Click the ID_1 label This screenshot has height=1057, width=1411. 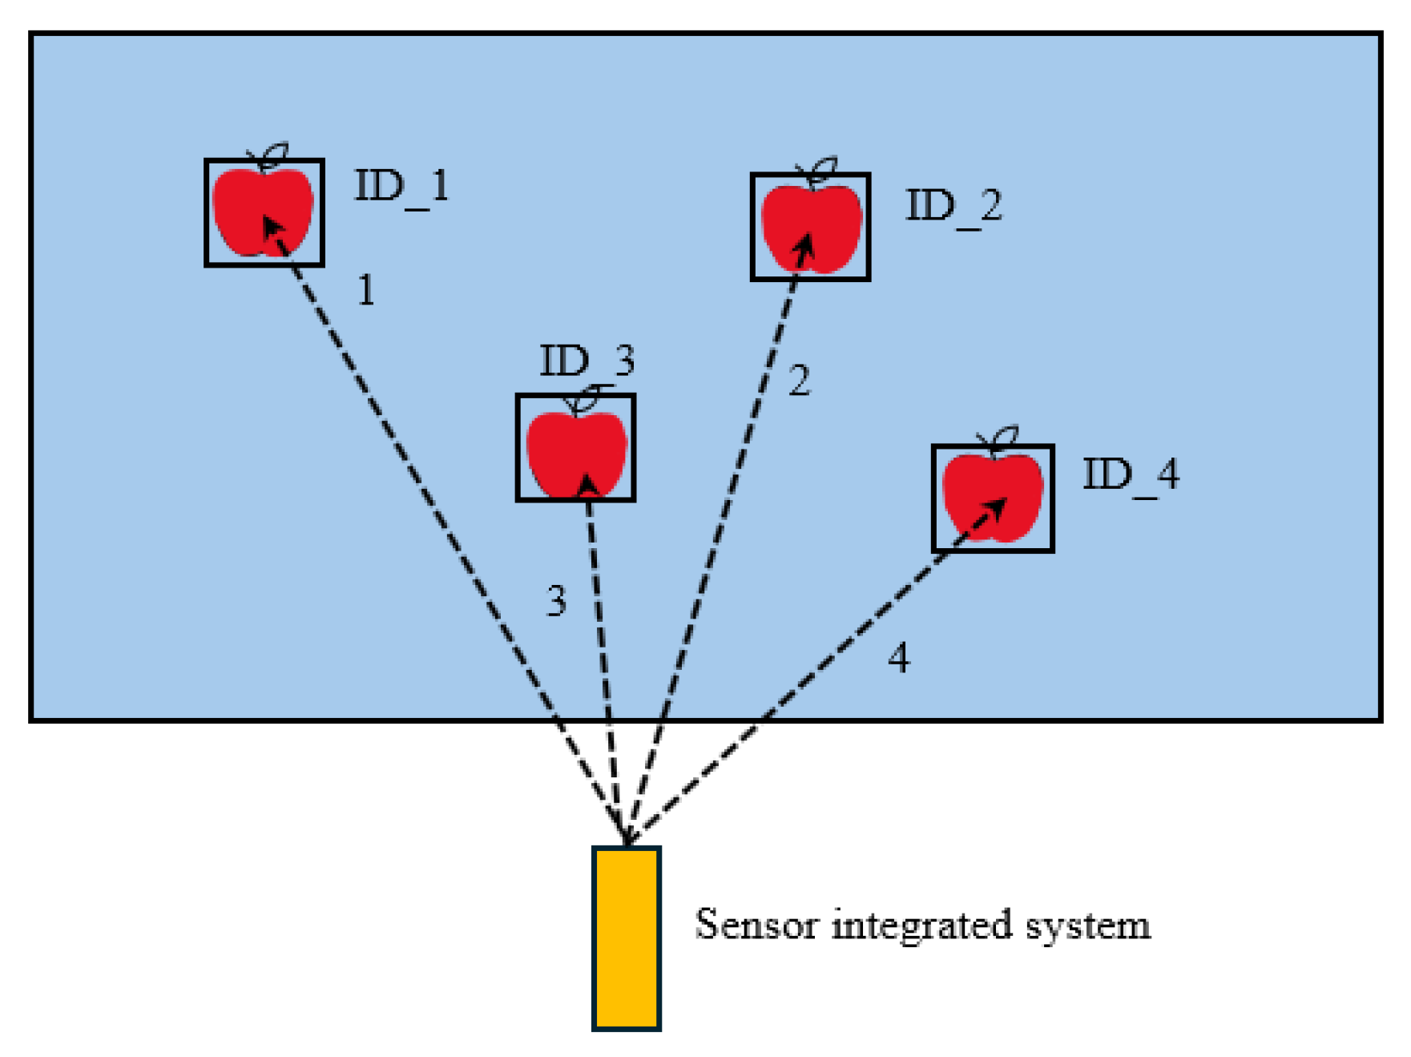coord(401,188)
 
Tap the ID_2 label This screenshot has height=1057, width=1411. coord(953,208)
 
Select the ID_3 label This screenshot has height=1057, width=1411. coord(587,361)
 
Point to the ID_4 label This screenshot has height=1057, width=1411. coord(1131,475)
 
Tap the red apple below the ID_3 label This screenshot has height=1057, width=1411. coord(576,453)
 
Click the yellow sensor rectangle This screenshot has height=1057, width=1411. coord(626,938)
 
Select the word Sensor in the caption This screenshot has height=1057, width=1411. coord(756,925)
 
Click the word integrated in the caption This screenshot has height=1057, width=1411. coord(921,926)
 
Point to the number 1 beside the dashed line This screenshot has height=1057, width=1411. coord(365,290)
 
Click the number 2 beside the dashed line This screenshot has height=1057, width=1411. coord(799,381)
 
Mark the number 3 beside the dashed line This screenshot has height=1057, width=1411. coord(556,601)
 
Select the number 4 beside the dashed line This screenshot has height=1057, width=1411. coord(898,659)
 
